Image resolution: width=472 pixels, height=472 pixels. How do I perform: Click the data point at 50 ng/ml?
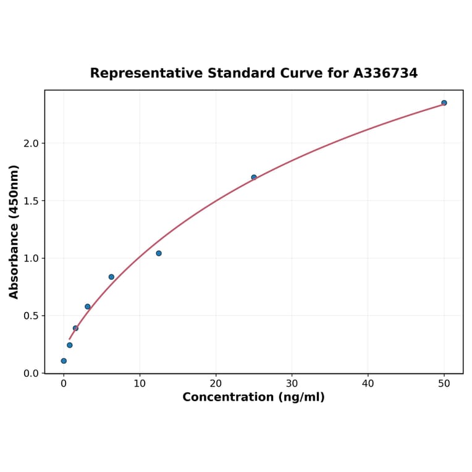tap(444, 103)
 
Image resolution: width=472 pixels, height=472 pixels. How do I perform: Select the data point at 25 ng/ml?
tap(254, 177)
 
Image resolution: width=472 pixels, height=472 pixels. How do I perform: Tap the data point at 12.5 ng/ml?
tap(159, 253)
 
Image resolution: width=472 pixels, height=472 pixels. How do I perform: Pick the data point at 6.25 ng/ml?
tap(111, 277)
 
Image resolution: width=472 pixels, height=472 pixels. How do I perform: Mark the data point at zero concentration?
tap(64, 361)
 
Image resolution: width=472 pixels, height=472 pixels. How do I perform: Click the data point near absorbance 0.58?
tap(88, 306)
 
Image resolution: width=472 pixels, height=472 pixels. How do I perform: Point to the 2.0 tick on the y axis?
tap(31, 143)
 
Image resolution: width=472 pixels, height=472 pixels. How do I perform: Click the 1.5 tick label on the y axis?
tap(31, 201)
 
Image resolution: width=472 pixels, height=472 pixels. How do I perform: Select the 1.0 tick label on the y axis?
tap(31, 258)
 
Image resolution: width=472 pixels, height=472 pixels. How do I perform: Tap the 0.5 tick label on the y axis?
tap(31, 316)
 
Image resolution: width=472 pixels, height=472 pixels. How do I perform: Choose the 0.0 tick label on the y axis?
tap(31, 373)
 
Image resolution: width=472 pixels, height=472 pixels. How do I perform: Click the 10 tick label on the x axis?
tap(140, 384)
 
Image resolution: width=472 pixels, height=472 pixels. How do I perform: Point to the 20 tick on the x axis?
tap(216, 384)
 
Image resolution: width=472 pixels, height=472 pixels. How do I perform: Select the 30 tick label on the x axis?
tap(292, 384)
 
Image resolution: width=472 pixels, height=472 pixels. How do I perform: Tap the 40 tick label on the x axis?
tap(368, 384)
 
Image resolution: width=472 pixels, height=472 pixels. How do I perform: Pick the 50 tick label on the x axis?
tap(444, 384)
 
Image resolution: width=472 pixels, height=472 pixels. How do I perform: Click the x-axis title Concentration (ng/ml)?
tap(253, 397)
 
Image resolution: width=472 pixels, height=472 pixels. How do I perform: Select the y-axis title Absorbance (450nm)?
tap(14, 232)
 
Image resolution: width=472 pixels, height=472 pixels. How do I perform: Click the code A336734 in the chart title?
tap(386, 74)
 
